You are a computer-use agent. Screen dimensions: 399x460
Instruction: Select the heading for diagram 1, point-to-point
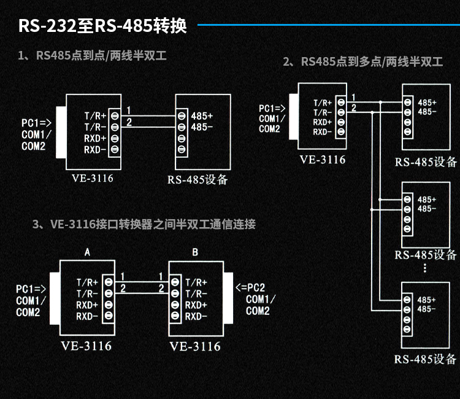coord(92,56)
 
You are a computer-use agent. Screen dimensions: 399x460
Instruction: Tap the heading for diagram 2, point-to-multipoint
coord(363,62)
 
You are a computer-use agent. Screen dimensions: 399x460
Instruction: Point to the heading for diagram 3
coord(144,224)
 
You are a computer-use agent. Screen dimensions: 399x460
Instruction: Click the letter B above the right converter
coord(195,252)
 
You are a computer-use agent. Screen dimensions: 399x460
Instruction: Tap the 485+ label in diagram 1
coord(202,115)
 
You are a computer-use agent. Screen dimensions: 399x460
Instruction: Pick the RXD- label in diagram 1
coord(95,149)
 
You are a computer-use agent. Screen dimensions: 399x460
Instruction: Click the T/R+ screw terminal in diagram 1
coord(115,115)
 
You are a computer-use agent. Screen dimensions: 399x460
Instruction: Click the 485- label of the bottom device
coord(427,309)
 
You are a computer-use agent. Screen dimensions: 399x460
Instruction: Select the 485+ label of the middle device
coord(427,199)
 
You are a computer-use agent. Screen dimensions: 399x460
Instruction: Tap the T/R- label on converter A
coord(87,293)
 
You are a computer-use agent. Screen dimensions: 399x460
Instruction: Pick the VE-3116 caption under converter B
coord(195,346)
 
